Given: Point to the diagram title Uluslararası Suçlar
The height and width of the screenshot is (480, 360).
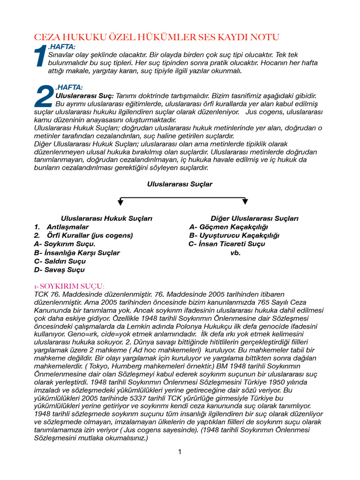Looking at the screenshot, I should point(180,184).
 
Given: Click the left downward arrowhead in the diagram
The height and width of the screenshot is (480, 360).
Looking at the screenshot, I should point(120,202).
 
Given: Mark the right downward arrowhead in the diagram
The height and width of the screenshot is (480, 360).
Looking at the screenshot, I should point(245,202).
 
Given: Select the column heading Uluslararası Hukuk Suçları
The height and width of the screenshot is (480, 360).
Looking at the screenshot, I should point(106,218).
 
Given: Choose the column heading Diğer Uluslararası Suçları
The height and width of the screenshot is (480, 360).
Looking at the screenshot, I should point(255,218).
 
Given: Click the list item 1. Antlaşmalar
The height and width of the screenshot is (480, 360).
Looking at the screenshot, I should point(61,227).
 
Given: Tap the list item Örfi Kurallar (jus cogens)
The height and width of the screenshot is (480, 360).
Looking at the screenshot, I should point(90,235).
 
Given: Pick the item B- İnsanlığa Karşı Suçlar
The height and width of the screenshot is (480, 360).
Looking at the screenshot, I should point(77,253).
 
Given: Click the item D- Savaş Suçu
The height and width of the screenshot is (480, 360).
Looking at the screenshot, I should point(60,270).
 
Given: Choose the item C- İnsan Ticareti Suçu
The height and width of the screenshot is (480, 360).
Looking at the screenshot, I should point(226,244).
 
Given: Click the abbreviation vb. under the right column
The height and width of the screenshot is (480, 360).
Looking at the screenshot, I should point(235,253).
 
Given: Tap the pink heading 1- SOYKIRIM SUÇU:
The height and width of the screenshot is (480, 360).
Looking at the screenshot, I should point(69,286).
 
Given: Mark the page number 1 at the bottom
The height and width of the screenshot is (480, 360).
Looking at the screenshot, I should point(180,452).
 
